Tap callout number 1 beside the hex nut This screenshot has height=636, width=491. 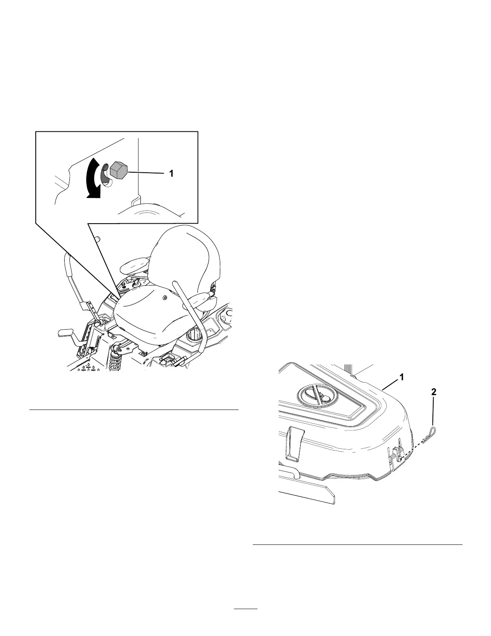tap(171, 173)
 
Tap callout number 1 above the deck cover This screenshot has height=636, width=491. tap(401, 377)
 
